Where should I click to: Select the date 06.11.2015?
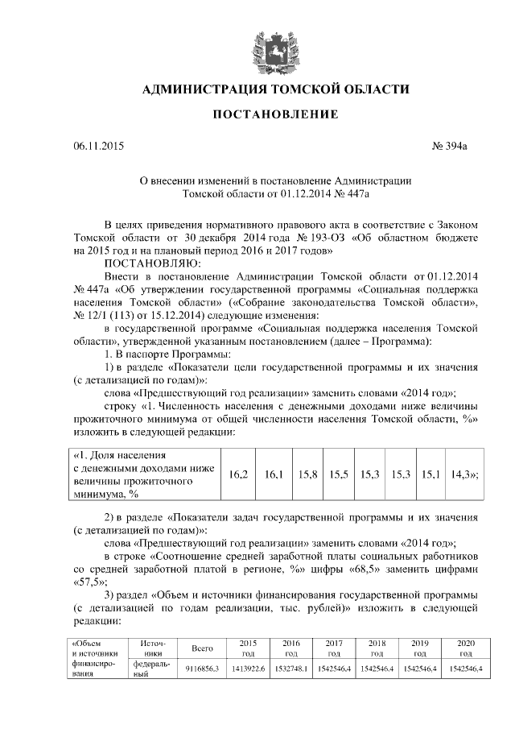tap(99, 147)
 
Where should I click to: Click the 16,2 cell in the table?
tap(238, 474)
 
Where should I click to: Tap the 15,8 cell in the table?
tap(307, 474)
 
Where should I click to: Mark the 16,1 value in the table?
tap(274, 474)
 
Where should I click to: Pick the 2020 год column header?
tap(464, 648)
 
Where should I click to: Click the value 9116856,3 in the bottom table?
tap(202, 669)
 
